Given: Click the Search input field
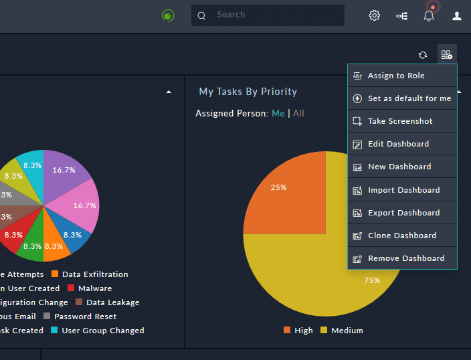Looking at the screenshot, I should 274,15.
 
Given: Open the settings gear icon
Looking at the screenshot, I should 375,15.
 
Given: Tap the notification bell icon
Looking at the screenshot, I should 429,15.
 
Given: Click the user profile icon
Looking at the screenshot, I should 457,15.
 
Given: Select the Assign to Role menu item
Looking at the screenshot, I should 396,76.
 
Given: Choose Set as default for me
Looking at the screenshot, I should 409,98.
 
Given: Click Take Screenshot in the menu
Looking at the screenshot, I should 400,121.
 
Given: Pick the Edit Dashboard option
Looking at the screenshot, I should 398,144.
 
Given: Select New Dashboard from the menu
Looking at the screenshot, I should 399,167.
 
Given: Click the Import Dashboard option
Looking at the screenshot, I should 403,190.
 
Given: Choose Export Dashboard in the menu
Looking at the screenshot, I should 403,213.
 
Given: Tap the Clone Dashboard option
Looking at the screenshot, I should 401,236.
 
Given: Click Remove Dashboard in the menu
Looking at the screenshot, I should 405,258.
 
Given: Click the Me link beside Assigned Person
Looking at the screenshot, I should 278,113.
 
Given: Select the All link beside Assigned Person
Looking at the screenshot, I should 298,113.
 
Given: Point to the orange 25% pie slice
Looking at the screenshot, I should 288,194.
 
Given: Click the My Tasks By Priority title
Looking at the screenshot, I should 248,92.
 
